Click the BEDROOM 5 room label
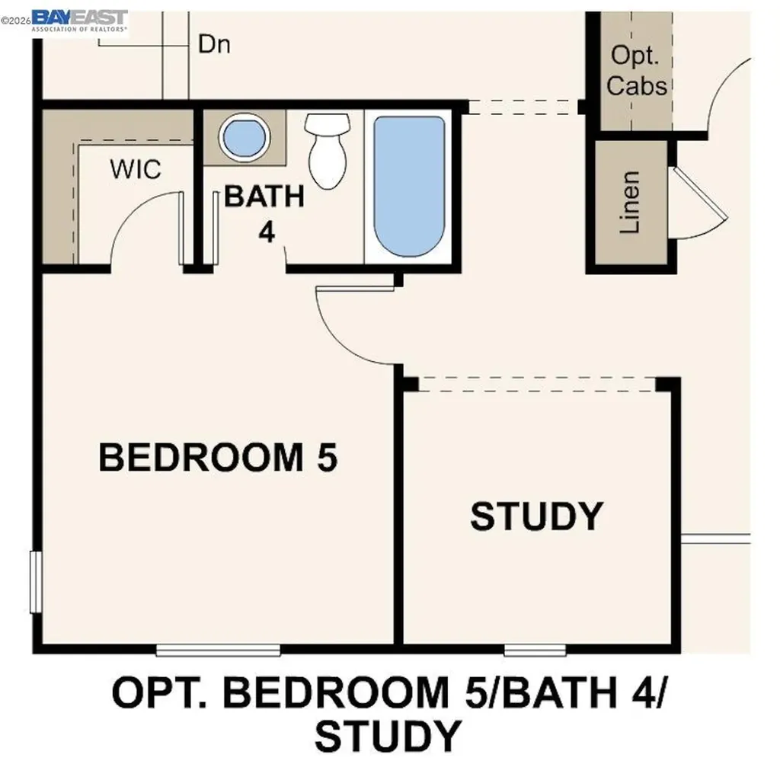218,458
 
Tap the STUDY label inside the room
536,516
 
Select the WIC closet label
136,169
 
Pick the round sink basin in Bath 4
245,137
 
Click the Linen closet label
629,202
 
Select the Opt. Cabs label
636,71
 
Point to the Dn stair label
214,44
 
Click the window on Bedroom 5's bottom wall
219,650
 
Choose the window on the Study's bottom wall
535,650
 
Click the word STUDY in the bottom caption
388,736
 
